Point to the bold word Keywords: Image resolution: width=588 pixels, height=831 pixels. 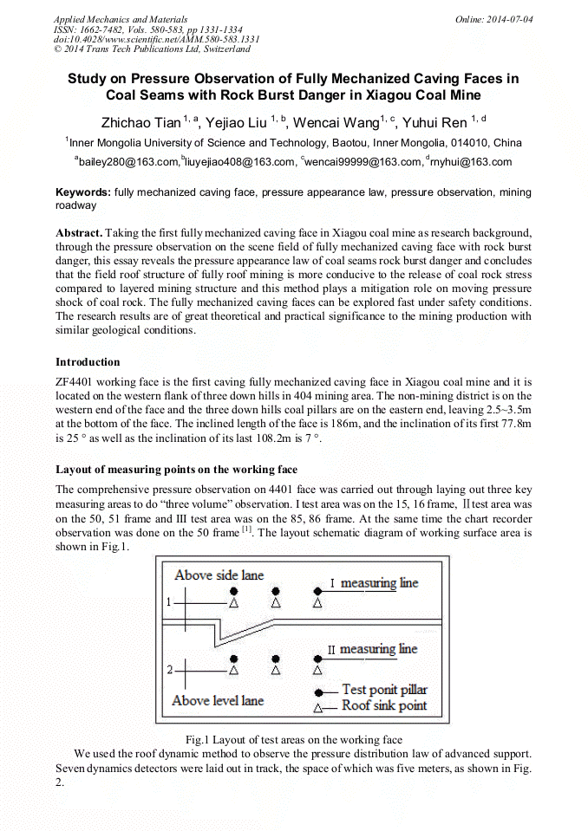pos(82,192)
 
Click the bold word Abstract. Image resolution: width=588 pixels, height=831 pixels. pos(81,234)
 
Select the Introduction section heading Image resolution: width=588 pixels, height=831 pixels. pos(88,361)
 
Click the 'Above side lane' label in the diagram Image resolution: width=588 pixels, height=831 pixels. pos(219,575)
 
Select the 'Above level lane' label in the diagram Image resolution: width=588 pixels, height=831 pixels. pos(218,700)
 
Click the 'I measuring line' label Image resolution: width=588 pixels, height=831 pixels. pos(374,583)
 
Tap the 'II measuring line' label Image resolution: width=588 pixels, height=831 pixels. pos(372,648)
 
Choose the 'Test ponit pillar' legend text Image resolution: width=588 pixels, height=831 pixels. pos(384,690)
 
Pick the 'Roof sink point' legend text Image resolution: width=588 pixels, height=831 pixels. pos(384,705)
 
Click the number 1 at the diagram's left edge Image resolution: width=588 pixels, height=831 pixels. pos(168,600)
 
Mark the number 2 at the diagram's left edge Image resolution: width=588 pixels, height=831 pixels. pos(168,670)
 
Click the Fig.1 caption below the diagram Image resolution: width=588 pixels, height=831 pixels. pos(294,739)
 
